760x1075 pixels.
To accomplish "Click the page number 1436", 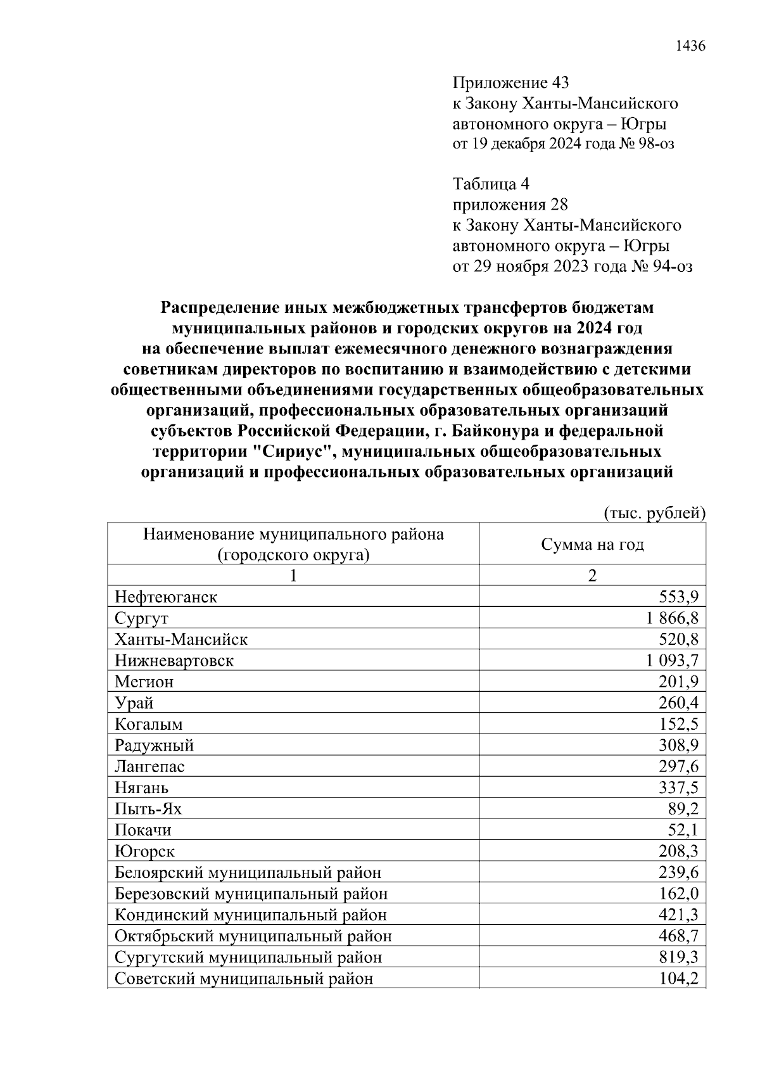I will [690, 46].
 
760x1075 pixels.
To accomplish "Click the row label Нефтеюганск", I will [166, 597].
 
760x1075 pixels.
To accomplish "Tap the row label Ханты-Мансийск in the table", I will [181, 639].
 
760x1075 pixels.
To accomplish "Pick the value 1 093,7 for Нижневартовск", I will [672, 661].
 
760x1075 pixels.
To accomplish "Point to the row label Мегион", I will [144, 682].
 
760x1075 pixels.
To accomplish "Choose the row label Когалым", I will [149, 724].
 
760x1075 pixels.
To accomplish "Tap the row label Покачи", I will [143, 830].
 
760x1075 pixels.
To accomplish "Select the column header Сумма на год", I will [592, 544].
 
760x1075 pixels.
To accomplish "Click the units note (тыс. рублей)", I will [654, 512].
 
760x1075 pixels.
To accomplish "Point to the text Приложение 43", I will [510, 82].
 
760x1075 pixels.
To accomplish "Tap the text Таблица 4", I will [491, 184].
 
